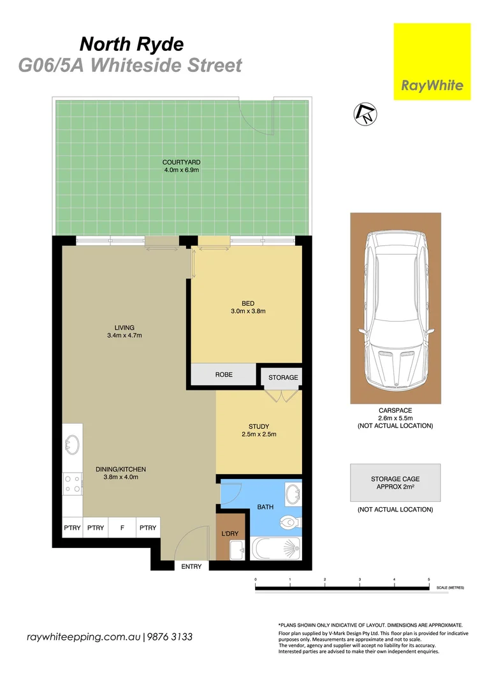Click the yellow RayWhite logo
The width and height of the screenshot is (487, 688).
[x=432, y=61]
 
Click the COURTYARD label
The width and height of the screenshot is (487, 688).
[x=181, y=162]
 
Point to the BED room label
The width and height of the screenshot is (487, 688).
[x=247, y=303]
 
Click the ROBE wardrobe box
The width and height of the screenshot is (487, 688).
[x=223, y=375]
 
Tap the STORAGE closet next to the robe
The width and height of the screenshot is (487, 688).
[x=282, y=377]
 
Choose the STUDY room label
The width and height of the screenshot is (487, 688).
[x=258, y=427]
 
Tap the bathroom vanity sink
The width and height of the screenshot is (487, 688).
[x=294, y=494]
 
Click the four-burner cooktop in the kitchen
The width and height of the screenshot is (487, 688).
[x=72, y=485]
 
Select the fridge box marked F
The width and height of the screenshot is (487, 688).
[x=120, y=527]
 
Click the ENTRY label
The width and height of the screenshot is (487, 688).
[x=191, y=566]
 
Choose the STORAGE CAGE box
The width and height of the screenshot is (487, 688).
[x=395, y=483]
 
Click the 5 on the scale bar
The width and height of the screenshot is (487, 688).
[x=428, y=579]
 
